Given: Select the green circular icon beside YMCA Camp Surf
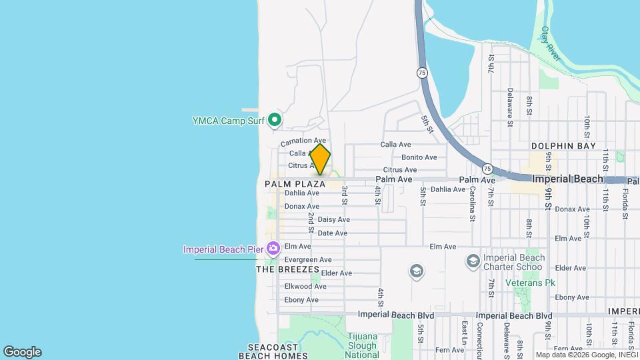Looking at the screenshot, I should pos(274,121).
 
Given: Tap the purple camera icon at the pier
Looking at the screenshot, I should pos(273,249).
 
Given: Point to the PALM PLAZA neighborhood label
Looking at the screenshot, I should pos(295,183).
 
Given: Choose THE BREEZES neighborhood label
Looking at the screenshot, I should pos(283,269).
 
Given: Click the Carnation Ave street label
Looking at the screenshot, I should pos(303,141).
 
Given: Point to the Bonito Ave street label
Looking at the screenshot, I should pos(419,157).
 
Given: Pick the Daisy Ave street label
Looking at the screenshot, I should pos(333,219).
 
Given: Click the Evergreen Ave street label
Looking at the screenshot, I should pos(307,259).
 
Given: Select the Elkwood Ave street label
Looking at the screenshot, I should pos(305,286).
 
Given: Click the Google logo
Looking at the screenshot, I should pos(22,352).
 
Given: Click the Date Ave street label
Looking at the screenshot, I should pos(332,233).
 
